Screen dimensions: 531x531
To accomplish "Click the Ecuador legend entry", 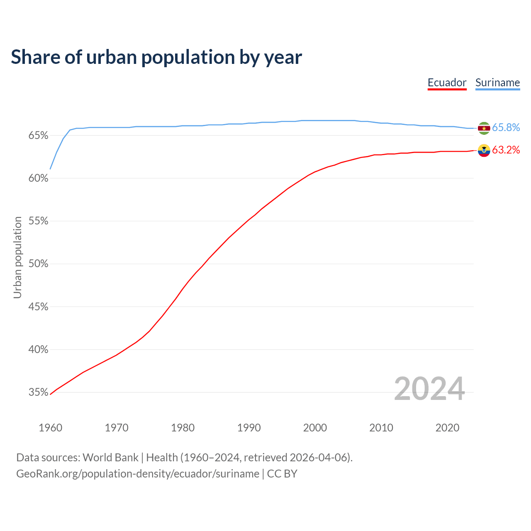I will tap(447, 83).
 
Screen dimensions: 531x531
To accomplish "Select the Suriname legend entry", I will tap(497, 83).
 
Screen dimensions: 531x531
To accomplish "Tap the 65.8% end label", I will tap(506, 127).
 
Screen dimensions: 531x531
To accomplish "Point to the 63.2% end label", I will tap(506, 150).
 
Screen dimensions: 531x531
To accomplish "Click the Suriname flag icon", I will tap(484, 128).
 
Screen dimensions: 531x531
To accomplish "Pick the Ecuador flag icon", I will tap(484, 150).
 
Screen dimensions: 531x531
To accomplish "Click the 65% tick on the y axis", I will tap(39, 136).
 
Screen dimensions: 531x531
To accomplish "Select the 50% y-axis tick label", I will tap(39, 264).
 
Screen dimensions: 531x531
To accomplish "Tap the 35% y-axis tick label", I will tap(39, 392).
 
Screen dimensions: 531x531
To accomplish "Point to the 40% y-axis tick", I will tap(39, 349).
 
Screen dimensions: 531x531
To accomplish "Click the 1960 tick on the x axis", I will tap(50, 428).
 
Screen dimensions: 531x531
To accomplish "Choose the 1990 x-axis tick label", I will tap(249, 428).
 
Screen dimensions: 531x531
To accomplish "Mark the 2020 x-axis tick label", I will tap(447, 428).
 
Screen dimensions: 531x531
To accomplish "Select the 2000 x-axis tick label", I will tap(315, 428).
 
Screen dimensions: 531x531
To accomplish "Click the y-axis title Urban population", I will tap(17, 257).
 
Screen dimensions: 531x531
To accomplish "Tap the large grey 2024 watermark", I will tap(429, 389).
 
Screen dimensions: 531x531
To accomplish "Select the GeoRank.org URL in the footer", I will tap(138, 474).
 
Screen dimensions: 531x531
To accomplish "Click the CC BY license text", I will tap(282, 474).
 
